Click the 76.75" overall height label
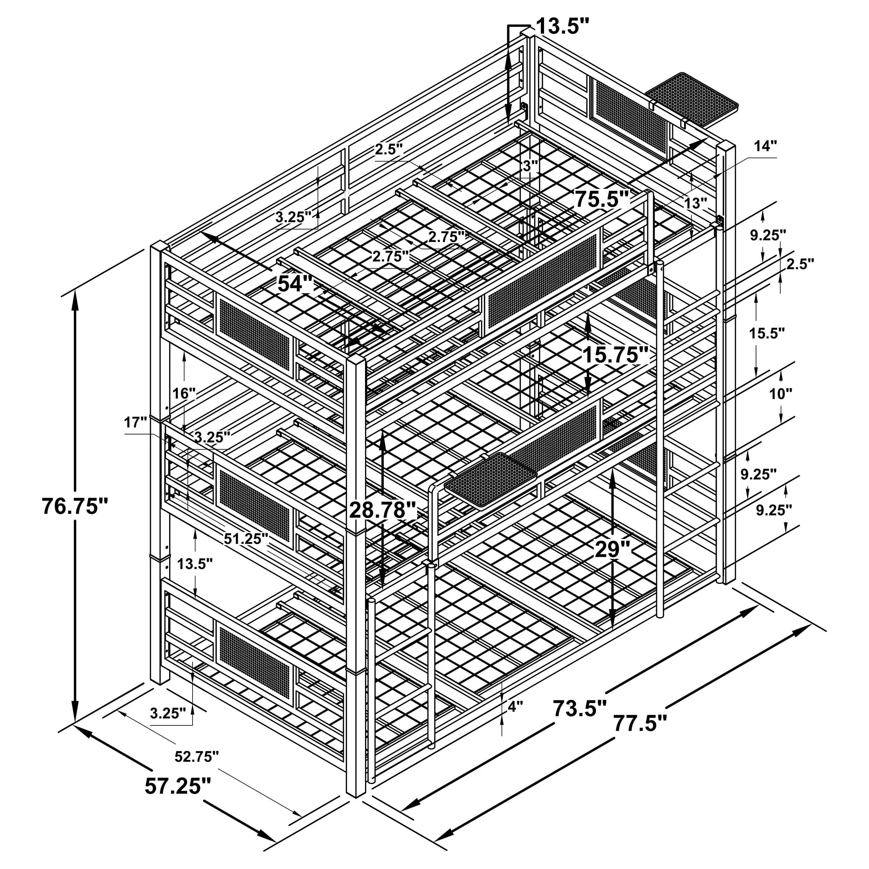pyautogui.click(x=75, y=506)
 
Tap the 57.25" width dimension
pyautogui.click(x=177, y=786)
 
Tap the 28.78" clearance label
pyautogui.click(x=383, y=510)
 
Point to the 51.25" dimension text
pyautogui.click(x=246, y=538)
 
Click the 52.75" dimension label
pyautogui.click(x=196, y=757)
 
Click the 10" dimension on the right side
pyautogui.click(x=780, y=394)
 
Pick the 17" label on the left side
pyautogui.click(x=136, y=422)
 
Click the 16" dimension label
pyautogui.click(x=185, y=393)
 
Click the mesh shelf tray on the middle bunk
pyautogui.click(x=490, y=479)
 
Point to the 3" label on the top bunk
pyautogui.click(x=531, y=165)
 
